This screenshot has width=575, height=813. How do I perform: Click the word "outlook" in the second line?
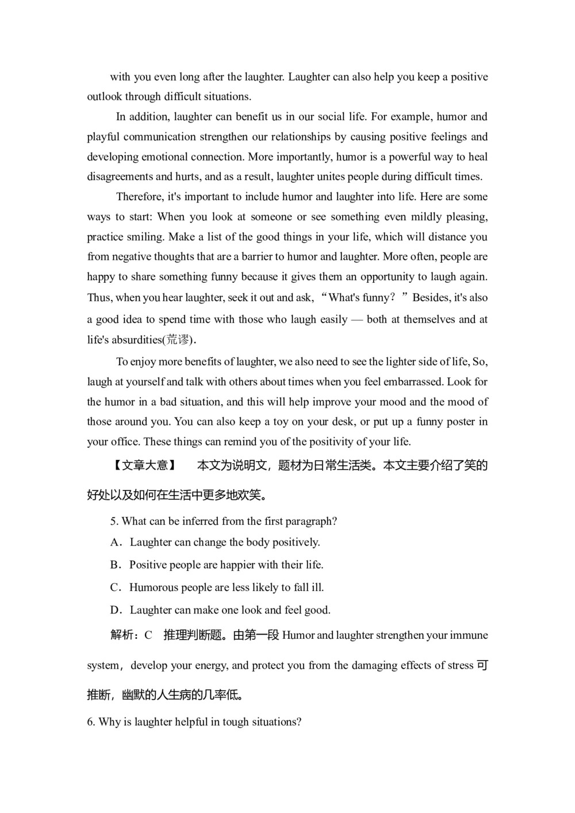(x=105, y=97)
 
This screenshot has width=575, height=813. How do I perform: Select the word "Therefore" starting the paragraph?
(x=140, y=197)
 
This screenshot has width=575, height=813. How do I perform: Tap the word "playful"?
(x=103, y=137)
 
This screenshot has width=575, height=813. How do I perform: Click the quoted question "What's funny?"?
(x=362, y=298)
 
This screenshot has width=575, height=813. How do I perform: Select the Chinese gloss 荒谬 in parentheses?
(x=178, y=340)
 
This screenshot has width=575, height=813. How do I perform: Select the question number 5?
(x=113, y=521)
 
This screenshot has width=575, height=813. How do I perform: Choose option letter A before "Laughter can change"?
(x=114, y=542)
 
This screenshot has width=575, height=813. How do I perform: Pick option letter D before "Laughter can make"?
(x=114, y=610)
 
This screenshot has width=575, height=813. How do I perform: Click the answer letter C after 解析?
(x=148, y=635)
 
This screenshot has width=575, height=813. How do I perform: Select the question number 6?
(x=91, y=722)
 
